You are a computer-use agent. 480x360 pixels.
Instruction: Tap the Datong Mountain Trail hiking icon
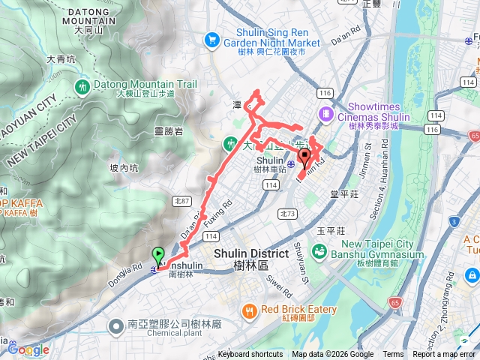(x=82, y=88)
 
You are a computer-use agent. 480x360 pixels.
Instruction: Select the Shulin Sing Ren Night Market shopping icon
(x=212, y=39)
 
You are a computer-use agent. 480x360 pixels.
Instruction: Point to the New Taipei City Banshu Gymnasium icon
(x=321, y=250)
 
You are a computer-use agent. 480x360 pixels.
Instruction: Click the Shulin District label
(x=246, y=259)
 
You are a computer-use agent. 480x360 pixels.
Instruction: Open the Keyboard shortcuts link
(x=250, y=355)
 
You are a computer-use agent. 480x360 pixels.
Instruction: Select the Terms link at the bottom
(x=393, y=355)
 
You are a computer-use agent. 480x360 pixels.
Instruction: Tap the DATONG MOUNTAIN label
(x=91, y=16)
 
